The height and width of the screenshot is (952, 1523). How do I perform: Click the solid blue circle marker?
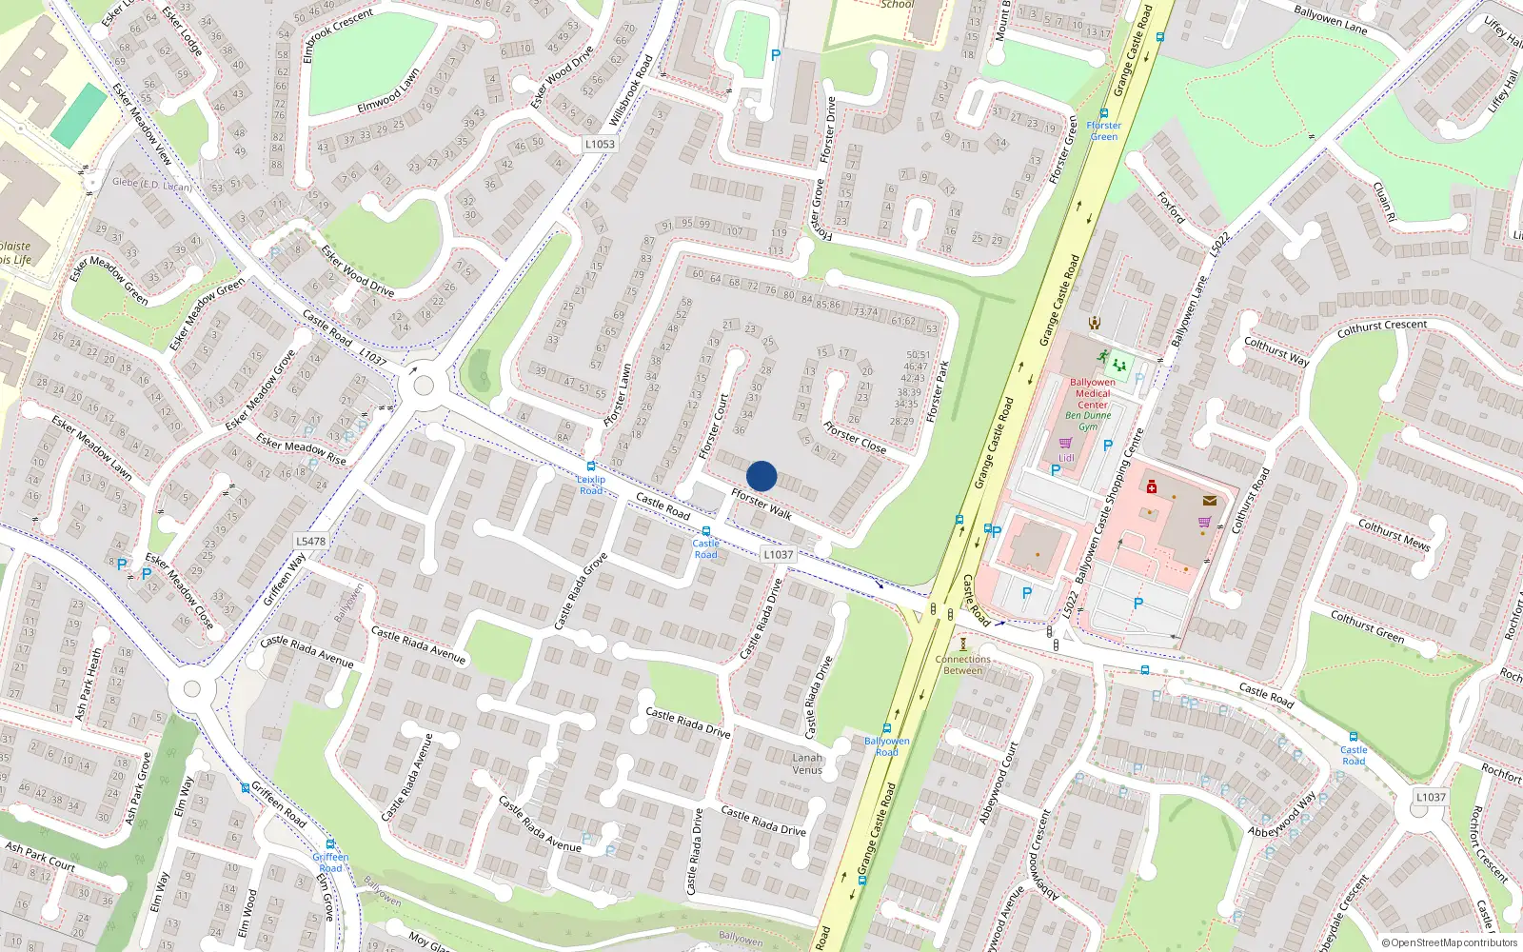pyautogui.click(x=761, y=476)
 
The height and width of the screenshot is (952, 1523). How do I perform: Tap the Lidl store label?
pyautogui.click(x=1066, y=458)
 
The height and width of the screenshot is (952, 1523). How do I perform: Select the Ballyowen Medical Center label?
pyautogui.click(x=1093, y=393)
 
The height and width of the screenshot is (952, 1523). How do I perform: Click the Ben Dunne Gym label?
pyautogui.click(x=1088, y=421)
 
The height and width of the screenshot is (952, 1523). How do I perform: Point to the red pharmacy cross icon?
pyautogui.click(x=1152, y=487)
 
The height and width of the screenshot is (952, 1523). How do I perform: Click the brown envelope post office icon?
pyautogui.click(x=1210, y=501)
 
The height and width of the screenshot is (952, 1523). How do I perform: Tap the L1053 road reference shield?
pyautogui.click(x=600, y=144)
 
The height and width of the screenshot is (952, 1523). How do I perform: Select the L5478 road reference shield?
pyautogui.click(x=310, y=541)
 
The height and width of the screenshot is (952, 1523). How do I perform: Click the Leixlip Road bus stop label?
pyautogui.click(x=591, y=485)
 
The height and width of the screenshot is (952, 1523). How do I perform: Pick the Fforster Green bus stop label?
pyautogui.click(x=1104, y=130)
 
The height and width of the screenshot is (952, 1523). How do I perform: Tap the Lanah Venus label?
pyautogui.click(x=807, y=764)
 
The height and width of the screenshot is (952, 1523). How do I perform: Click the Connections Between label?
pyautogui.click(x=962, y=664)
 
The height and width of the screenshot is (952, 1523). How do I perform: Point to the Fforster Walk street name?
pyautogui.click(x=761, y=505)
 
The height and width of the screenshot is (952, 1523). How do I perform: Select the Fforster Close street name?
pyautogui.click(x=855, y=437)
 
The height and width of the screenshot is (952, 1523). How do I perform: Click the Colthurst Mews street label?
pyautogui.click(x=1394, y=535)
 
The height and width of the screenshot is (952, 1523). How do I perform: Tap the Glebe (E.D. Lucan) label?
pyautogui.click(x=152, y=184)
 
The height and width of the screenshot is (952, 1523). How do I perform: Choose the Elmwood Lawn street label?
pyautogui.click(x=388, y=91)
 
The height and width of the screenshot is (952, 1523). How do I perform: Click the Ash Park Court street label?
pyautogui.click(x=40, y=856)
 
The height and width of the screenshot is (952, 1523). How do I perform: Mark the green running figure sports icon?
pyautogui.click(x=1102, y=358)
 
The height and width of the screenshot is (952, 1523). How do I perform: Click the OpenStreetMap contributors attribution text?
pyautogui.click(x=1450, y=942)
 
